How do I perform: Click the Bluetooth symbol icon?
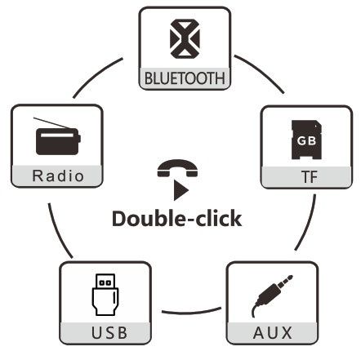pyautogui.click(x=185, y=38)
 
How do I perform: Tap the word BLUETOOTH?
pyautogui.click(x=185, y=78)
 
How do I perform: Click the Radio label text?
pyautogui.click(x=58, y=176)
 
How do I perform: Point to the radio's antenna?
pyautogui.click(x=51, y=123)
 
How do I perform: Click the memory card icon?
pyautogui.click(x=306, y=140)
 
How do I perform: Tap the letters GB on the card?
pyautogui.click(x=306, y=141)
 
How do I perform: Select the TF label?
pyautogui.click(x=310, y=177)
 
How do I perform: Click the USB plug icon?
pyautogui.click(x=105, y=295)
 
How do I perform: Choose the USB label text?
pyautogui.click(x=109, y=332)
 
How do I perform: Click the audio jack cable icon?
pyautogui.click(x=272, y=296)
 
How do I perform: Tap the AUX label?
pyautogui.click(x=273, y=332)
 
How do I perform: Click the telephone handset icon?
pyautogui.click(x=177, y=168)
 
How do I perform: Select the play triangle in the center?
pyautogui.click(x=180, y=190)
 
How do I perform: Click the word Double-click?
pyautogui.click(x=176, y=219)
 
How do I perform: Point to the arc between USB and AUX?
pyautogui.click(x=191, y=313)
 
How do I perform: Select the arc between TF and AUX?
pyautogui.click(x=309, y=224)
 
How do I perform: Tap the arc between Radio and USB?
pyautogui.click(x=58, y=232)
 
